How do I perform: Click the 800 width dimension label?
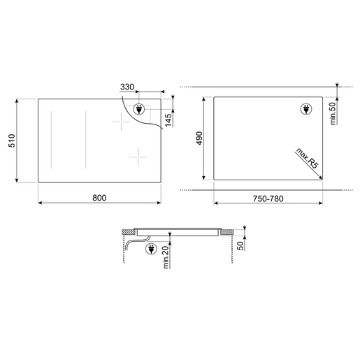click(99, 198)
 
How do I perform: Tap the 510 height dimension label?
click(12, 141)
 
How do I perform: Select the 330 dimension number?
click(127, 87)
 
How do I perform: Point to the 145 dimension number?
click(168, 120)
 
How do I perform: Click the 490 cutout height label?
click(199, 138)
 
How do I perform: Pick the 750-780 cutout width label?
click(268, 199)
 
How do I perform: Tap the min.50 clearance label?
click(333, 113)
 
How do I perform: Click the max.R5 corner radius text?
click(307, 158)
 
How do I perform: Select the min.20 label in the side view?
click(166, 257)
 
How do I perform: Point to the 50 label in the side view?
click(240, 245)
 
